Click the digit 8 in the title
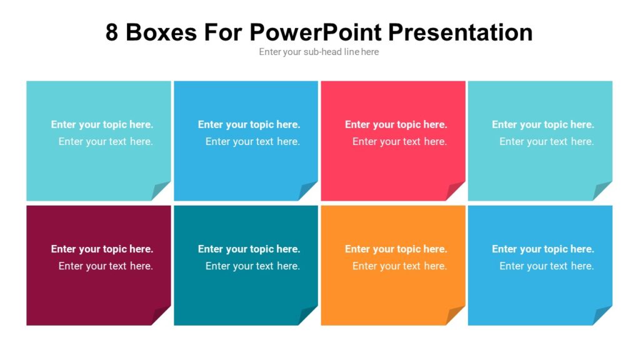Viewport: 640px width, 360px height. [x=112, y=32]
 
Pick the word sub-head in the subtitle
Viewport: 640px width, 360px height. [x=322, y=52]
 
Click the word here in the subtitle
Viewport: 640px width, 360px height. [x=370, y=52]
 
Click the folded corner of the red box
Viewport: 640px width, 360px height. [x=456, y=191]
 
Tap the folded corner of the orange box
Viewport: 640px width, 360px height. [x=456, y=316]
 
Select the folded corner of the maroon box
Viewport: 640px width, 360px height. [x=161, y=316]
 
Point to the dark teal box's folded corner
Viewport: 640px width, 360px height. [x=308, y=316]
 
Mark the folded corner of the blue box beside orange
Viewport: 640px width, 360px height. [x=603, y=316]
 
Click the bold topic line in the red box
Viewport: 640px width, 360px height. [x=396, y=124]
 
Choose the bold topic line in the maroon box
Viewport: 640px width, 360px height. [x=102, y=249]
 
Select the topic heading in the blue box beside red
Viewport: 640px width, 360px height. [x=249, y=124]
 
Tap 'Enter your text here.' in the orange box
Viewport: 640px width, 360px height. [x=399, y=266]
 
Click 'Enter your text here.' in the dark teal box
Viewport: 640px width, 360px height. [x=252, y=266]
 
